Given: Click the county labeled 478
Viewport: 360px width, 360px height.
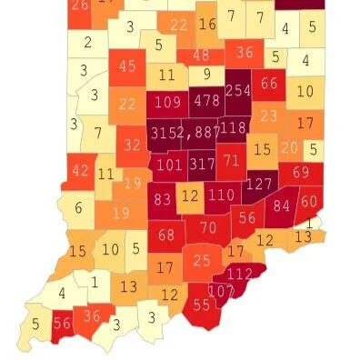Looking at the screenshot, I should click(x=207, y=100).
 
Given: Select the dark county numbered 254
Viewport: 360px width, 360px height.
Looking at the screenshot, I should click(x=238, y=91).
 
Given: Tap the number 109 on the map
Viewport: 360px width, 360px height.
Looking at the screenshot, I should click(x=167, y=101).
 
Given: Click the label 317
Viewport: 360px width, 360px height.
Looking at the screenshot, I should click(x=204, y=165).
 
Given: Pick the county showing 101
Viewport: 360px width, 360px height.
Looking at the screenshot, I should click(x=169, y=165).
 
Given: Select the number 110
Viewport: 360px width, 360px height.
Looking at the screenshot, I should click(x=220, y=195).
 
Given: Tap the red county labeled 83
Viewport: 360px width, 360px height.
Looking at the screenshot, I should click(x=164, y=199).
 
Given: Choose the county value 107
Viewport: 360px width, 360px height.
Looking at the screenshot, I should click(x=221, y=291).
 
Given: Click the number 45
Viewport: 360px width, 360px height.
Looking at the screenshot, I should click(x=127, y=65).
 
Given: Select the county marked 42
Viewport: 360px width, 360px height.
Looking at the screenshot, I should click(x=81, y=170).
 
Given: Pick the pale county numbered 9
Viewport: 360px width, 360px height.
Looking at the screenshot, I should click(x=206, y=75).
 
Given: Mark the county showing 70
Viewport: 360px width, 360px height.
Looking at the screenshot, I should click(x=208, y=226).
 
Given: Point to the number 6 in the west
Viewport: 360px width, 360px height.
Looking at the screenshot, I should click(x=78, y=208).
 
